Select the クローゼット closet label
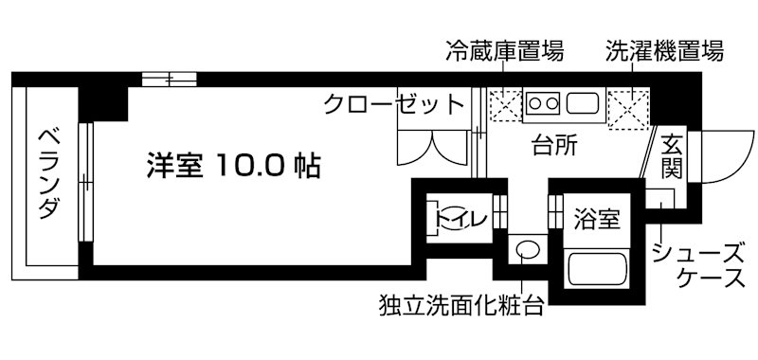[394, 103]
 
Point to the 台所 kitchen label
[555, 146]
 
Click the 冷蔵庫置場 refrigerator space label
[504, 51]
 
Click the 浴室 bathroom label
[597, 219]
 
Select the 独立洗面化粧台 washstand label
[460, 305]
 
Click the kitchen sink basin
[580, 101]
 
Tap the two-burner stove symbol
[544, 101]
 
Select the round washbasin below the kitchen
[528, 252]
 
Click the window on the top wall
[171, 79]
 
